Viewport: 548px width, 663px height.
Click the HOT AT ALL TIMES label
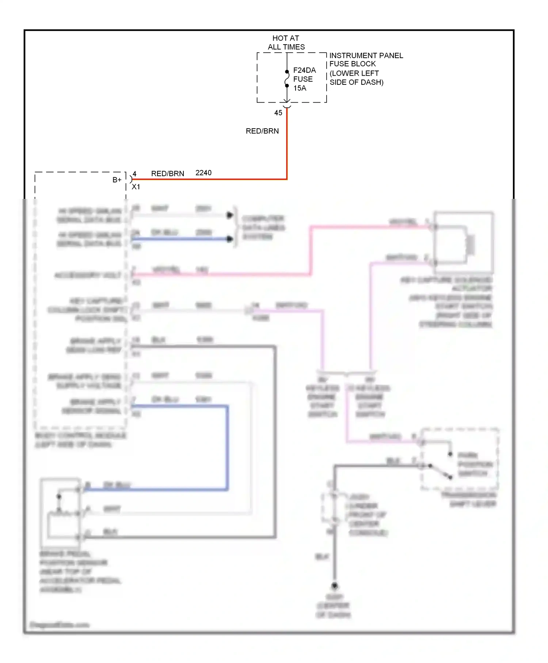coord(286,42)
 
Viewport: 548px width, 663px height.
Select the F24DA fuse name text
coord(304,70)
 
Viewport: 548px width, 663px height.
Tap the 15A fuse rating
coord(300,88)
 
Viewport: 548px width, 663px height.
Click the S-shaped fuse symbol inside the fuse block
coord(287,79)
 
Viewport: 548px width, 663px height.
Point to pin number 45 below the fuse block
coord(278,113)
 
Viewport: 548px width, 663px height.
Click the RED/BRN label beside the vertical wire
coord(262,131)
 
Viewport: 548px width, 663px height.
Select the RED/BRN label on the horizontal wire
coord(168,174)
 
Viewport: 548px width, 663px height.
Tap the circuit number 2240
coord(203,173)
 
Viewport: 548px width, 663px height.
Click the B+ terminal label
coord(117,180)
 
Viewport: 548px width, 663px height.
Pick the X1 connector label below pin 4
coord(136,187)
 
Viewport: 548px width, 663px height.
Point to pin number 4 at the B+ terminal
coord(134,174)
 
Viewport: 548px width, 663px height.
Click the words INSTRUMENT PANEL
coord(366,56)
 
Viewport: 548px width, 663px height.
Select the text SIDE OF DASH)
coord(356,82)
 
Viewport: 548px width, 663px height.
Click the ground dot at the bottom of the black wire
coord(334,586)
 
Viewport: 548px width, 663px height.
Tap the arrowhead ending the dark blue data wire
coord(230,239)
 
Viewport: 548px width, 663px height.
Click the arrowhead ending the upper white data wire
coord(230,215)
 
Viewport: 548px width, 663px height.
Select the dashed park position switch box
coord(460,459)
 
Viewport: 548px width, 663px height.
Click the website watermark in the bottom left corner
coord(60,625)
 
